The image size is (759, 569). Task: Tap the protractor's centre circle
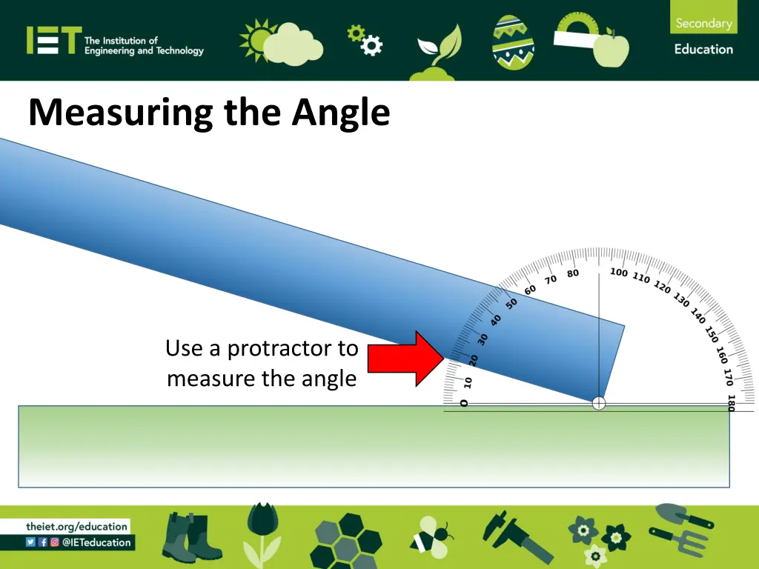click(599, 403)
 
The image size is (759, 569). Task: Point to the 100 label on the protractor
click(619, 273)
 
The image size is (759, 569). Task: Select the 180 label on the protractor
click(731, 402)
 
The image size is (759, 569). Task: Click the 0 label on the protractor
click(464, 403)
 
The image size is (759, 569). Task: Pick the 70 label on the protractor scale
click(550, 279)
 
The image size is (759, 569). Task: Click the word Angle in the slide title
click(340, 113)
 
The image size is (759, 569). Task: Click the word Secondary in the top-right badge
click(703, 23)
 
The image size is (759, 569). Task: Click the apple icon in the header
click(611, 50)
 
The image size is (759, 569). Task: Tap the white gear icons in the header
click(365, 40)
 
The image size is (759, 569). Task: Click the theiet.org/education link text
click(76, 527)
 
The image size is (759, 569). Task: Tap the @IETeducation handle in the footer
click(96, 542)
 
